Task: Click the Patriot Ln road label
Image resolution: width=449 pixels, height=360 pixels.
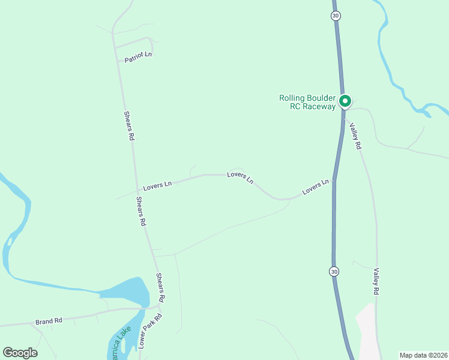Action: [x=138, y=58]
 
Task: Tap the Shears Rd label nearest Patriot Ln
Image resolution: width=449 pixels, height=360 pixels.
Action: [x=129, y=125]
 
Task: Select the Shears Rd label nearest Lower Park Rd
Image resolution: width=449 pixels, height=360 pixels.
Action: [x=160, y=287]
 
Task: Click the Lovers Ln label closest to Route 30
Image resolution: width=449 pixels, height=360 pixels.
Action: [x=316, y=187]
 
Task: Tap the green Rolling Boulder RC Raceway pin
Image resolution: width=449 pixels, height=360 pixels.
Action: [x=345, y=101]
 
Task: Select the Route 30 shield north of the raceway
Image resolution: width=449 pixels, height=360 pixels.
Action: [x=335, y=16]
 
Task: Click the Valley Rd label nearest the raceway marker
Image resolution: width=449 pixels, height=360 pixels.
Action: [x=356, y=136]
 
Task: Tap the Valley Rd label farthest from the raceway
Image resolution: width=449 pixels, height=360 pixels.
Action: [x=376, y=281]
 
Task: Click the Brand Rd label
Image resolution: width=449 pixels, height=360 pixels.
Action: [x=49, y=321]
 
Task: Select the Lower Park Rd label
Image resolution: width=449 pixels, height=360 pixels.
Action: [x=150, y=331]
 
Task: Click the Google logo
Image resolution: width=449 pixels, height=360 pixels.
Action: [x=20, y=352]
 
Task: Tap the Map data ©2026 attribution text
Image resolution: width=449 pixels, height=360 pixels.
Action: [x=423, y=355]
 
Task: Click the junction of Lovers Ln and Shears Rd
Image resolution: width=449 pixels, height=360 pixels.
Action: [x=136, y=190]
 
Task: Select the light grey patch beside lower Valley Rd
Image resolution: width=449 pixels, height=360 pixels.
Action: [x=366, y=330]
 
